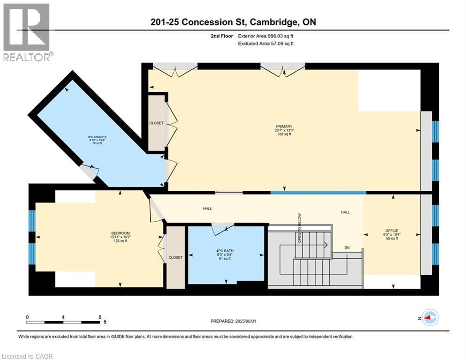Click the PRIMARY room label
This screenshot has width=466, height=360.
284,127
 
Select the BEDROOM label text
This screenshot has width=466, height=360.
120,233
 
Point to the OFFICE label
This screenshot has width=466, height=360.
392,231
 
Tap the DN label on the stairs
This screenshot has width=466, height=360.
347,247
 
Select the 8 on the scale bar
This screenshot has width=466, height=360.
100,317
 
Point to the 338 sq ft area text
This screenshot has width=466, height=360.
284,135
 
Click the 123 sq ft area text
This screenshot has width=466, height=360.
120,241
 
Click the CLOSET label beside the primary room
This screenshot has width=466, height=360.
156,123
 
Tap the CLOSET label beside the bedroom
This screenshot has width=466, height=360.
175,257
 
